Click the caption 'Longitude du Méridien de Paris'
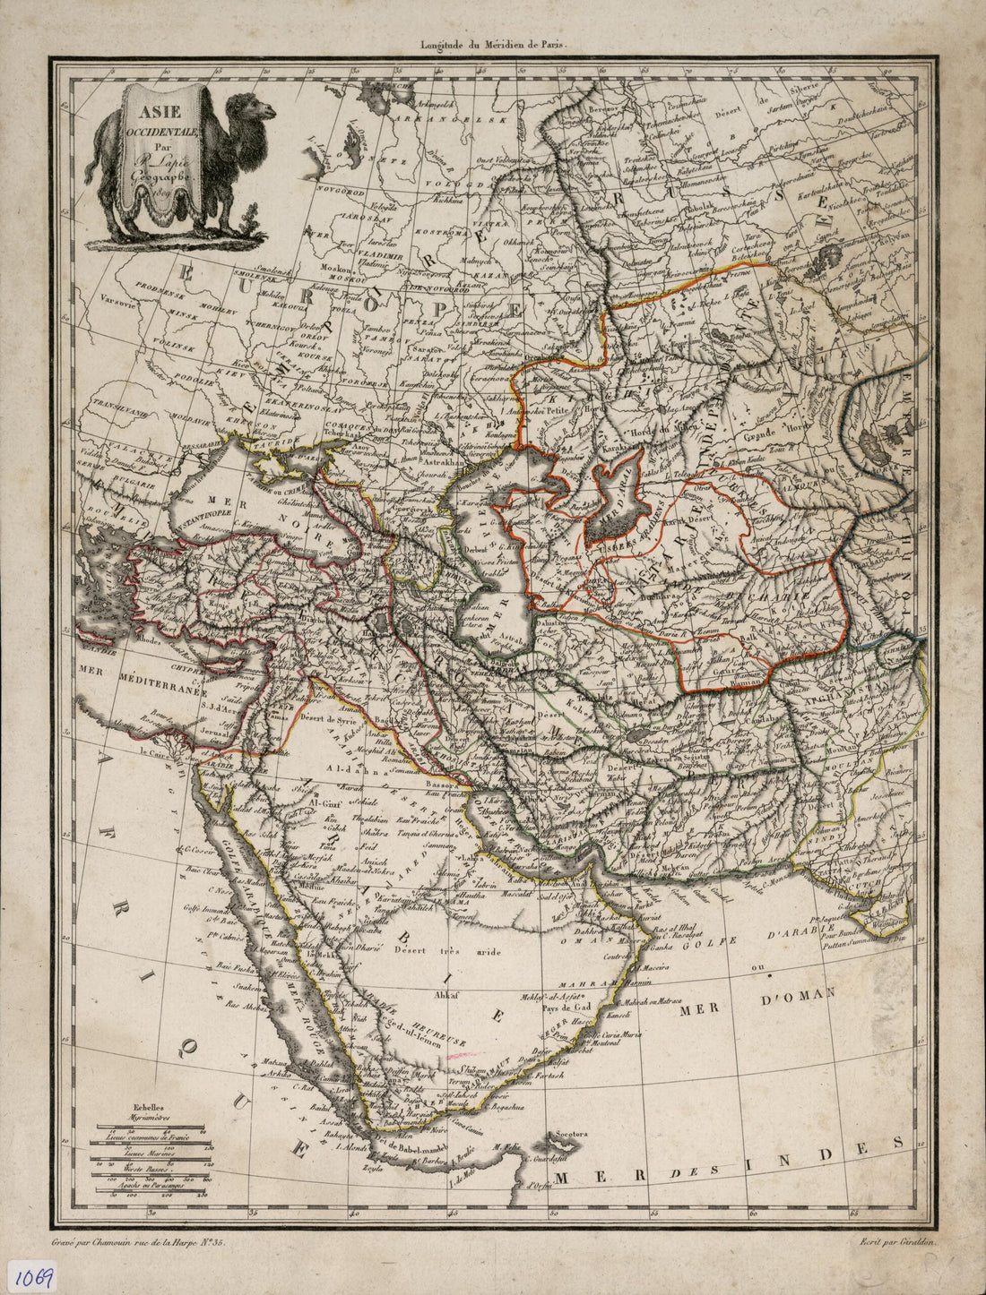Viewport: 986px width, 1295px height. (x=493, y=41)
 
